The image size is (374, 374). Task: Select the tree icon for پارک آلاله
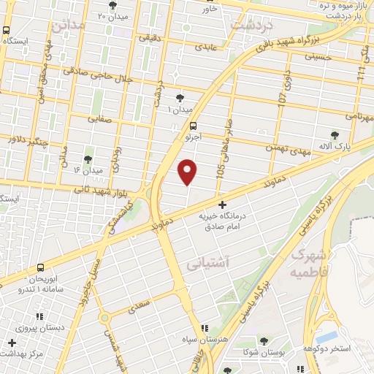tap(335, 135)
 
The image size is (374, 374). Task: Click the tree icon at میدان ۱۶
tap(88, 158)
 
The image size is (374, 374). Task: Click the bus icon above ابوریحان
tap(40, 267)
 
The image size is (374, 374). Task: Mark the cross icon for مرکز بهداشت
tap(12, 343)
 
